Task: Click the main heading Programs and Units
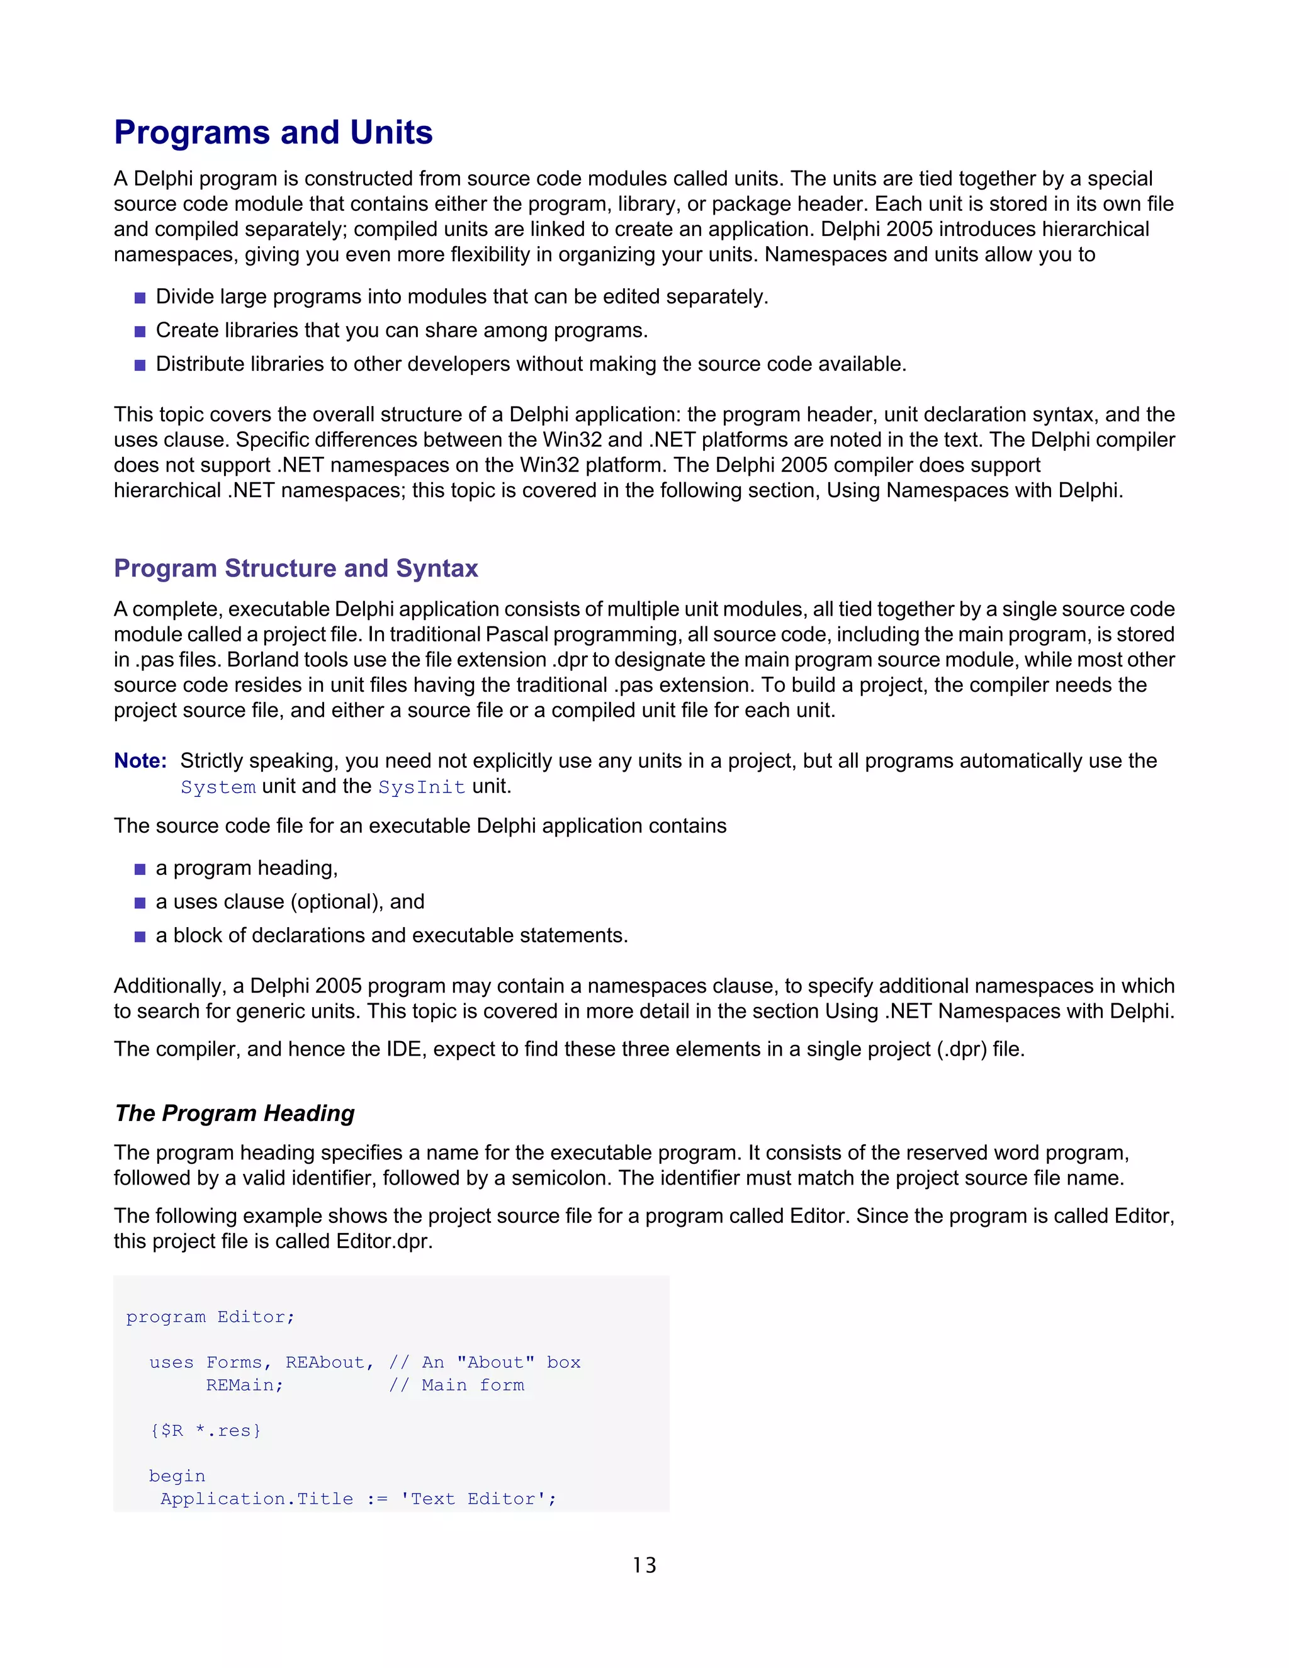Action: [273, 132]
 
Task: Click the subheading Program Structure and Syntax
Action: [296, 568]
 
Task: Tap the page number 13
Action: [644, 1565]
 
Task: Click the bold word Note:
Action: [140, 761]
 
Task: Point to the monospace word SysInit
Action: [422, 787]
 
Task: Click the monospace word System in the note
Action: [218, 787]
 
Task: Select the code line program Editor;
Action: [210, 1317]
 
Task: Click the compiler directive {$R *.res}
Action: [205, 1431]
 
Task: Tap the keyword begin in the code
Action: [177, 1475]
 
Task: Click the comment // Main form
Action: [457, 1385]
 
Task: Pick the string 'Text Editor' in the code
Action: [473, 1499]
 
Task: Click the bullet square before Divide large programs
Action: [140, 298]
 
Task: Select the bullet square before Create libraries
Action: [140, 332]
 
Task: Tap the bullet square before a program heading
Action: [140, 869]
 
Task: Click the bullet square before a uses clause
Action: [140, 903]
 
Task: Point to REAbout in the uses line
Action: [325, 1363]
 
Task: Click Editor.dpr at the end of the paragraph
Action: [383, 1241]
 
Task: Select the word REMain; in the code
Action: [244, 1385]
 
